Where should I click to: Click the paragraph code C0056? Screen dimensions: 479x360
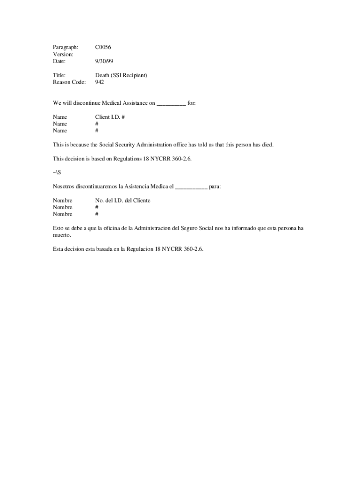[x=103, y=47]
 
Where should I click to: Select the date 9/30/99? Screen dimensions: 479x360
[x=104, y=61]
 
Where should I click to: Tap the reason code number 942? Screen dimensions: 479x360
[x=100, y=82]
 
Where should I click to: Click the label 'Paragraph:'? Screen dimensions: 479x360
[x=65, y=47]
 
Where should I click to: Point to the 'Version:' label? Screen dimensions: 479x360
[x=63, y=54]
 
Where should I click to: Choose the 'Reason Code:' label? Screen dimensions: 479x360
[x=69, y=82]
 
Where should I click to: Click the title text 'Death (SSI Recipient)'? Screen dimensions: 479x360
[x=121, y=75]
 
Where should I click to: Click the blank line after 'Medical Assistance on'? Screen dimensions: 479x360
[x=171, y=103]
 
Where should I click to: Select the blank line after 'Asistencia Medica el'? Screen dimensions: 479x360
[x=191, y=187]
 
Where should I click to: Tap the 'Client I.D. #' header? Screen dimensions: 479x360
[x=110, y=117]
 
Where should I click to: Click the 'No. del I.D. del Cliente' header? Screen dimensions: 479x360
[x=122, y=200]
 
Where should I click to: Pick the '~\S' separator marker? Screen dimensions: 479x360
[x=57, y=173]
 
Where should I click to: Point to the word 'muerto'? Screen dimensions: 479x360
[x=61, y=235]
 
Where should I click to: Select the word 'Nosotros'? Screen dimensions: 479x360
[x=64, y=187]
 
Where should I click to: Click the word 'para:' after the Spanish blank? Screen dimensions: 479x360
[x=215, y=187]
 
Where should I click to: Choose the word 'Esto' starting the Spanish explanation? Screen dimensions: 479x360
[x=58, y=228]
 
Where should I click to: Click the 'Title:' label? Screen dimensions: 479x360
[x=59, y=75]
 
